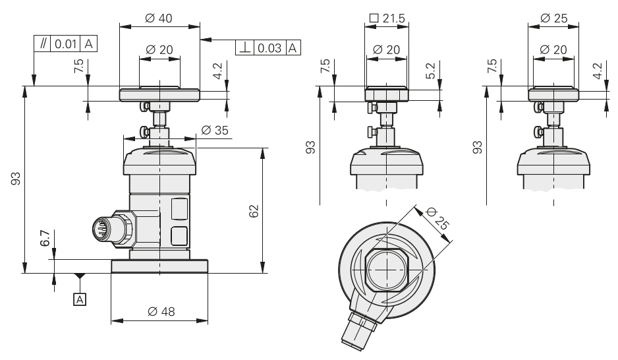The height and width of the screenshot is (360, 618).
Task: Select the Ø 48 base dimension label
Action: tap(160, 311)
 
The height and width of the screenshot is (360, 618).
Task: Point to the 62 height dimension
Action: tap(254, 211)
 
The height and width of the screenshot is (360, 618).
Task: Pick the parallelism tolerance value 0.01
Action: tap(66, 44)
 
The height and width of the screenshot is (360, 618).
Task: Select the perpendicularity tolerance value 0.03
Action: tap(270, 48)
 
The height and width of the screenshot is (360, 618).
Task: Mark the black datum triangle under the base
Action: tap(80, 276)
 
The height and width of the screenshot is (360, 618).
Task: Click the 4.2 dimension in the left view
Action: tap(218, 70)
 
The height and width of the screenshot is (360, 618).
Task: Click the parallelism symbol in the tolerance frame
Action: tap(43, 44)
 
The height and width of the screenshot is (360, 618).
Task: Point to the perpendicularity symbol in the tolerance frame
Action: tap(245, 48)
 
